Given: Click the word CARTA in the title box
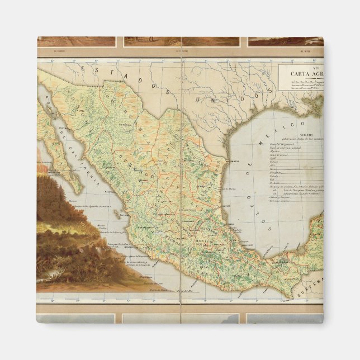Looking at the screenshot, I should pos(300,73).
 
